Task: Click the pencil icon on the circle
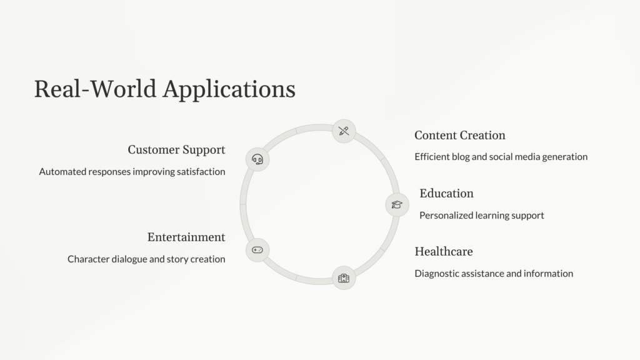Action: coord(343,131)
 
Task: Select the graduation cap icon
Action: coord(396,204)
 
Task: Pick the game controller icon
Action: coord(257,249)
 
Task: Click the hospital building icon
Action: coord(343,278)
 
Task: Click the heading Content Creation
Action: coord(459,136)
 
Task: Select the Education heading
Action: coord(446,193)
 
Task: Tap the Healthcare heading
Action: coord(443,251)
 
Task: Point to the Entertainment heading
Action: coord(186,237)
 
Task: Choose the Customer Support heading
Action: coord(176,150)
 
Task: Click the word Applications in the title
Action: coord(229,89)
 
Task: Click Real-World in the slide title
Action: coord(94,89)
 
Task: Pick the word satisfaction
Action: coord(201,172)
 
